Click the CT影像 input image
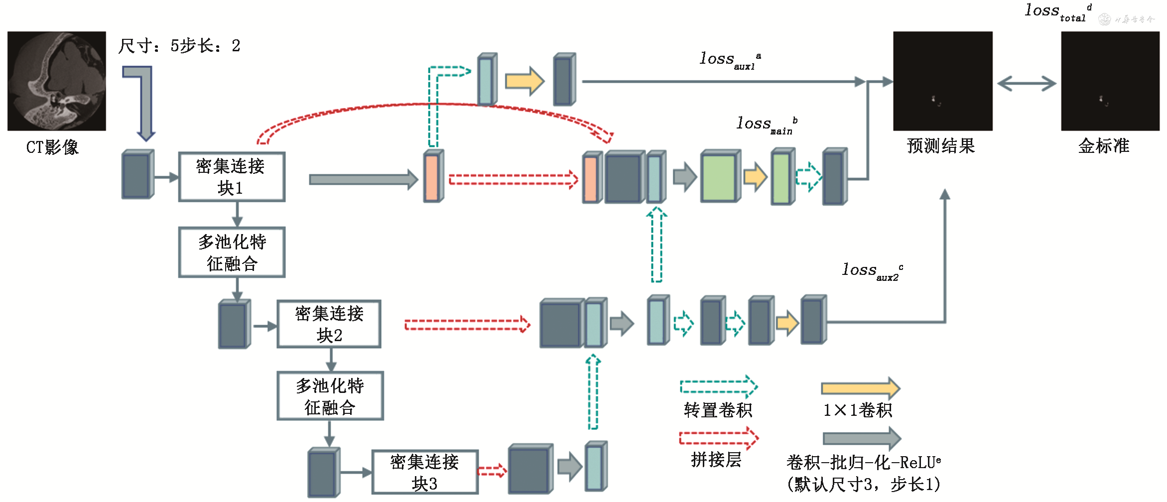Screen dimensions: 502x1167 (56, 81)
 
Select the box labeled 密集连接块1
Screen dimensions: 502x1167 (232, 177)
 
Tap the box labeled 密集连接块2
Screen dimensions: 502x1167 (329, 324)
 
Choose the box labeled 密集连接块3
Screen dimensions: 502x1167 (425, 472)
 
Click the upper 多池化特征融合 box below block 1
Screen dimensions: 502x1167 (232, 252)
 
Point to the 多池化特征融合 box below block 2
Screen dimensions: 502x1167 (330, 396)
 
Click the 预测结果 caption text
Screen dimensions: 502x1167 (940, 146)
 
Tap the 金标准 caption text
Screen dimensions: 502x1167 (1104, 146)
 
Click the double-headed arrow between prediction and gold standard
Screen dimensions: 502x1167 (1027, 83)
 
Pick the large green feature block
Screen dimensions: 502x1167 (720, 177)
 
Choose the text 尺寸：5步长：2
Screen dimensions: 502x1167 (179, 46)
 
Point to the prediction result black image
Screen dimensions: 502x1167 (942, 81)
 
